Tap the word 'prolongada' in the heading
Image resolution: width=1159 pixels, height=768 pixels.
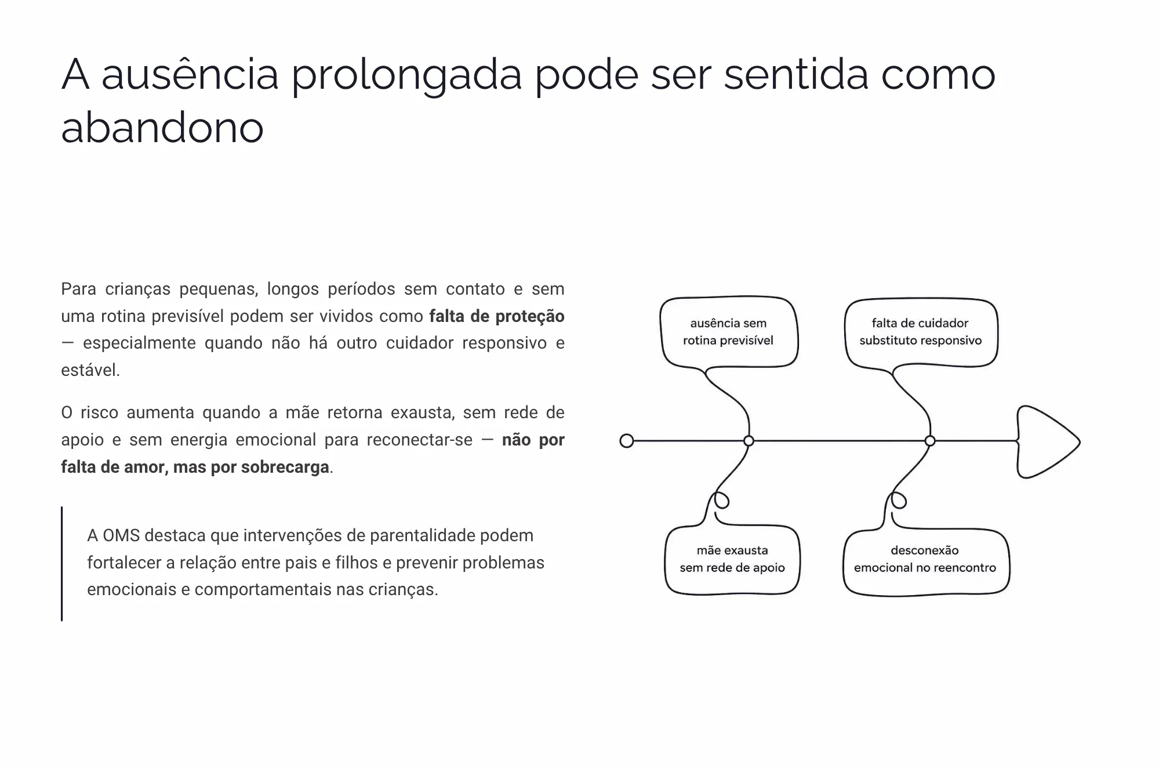406,76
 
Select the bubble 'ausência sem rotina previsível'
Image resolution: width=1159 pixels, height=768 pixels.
729,332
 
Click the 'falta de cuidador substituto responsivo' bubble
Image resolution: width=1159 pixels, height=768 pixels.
921,332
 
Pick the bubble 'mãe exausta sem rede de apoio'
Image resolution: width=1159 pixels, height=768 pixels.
732,559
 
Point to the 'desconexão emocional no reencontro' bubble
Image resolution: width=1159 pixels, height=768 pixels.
925,560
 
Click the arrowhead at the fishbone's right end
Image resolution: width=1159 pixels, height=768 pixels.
1048,442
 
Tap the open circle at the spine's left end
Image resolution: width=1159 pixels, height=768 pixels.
627,441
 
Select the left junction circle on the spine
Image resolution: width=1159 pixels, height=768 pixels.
749,441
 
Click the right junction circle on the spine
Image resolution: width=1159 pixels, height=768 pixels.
930,441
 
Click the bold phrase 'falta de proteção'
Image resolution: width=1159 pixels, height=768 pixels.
497,316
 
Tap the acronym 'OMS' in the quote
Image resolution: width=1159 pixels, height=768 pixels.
121,535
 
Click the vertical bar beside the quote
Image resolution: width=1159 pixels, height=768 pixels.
62,564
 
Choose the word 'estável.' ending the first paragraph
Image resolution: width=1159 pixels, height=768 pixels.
90,370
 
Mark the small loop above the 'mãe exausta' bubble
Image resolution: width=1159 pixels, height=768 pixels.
721,501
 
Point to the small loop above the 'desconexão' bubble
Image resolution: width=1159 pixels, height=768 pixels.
899,501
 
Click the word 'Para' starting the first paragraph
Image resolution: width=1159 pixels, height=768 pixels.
78,289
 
